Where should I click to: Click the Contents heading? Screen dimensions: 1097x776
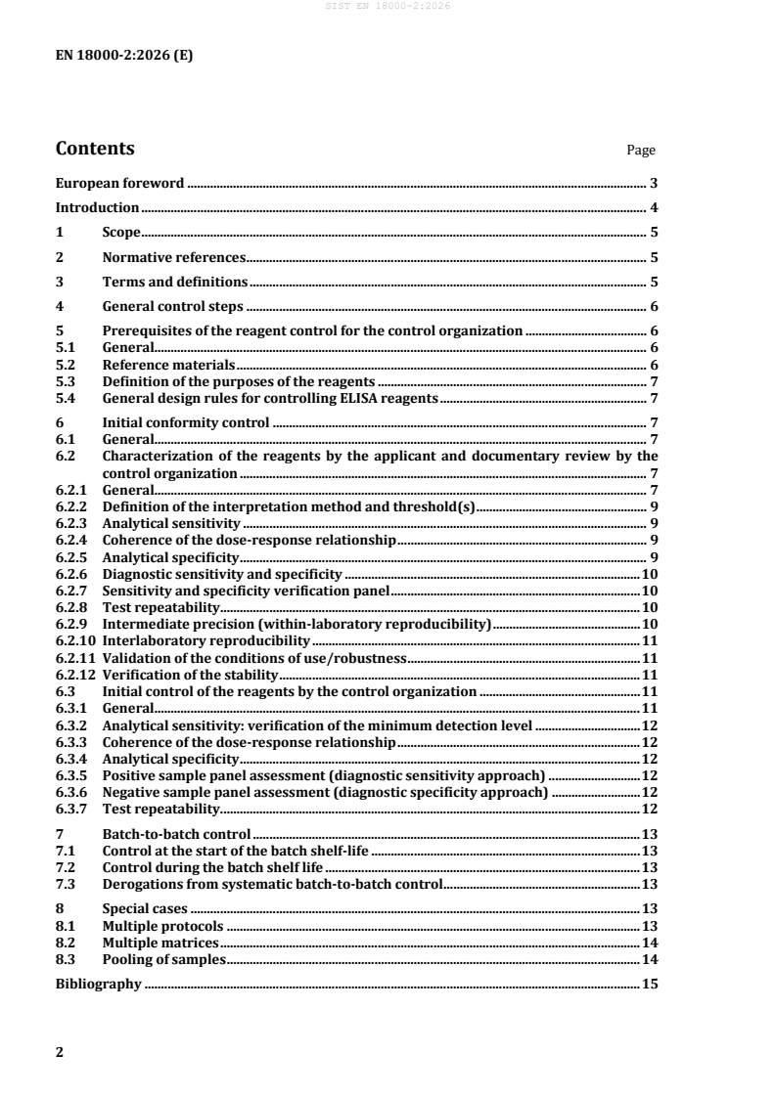[95, 150]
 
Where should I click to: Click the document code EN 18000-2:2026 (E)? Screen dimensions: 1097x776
[124, 56]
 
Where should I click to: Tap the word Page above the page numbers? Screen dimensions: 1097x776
[641, 151]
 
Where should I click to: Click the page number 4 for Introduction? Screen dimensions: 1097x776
[653, 207]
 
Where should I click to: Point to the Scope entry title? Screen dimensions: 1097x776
[122, 233]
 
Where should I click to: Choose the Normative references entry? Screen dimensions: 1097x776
[173, 258]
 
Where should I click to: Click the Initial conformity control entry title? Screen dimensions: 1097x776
[186, 422]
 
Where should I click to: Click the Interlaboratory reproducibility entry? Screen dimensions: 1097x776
[205, 640]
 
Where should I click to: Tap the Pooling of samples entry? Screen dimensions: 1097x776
[164, 960]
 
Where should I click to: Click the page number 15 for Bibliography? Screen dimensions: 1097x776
[649, 985]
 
